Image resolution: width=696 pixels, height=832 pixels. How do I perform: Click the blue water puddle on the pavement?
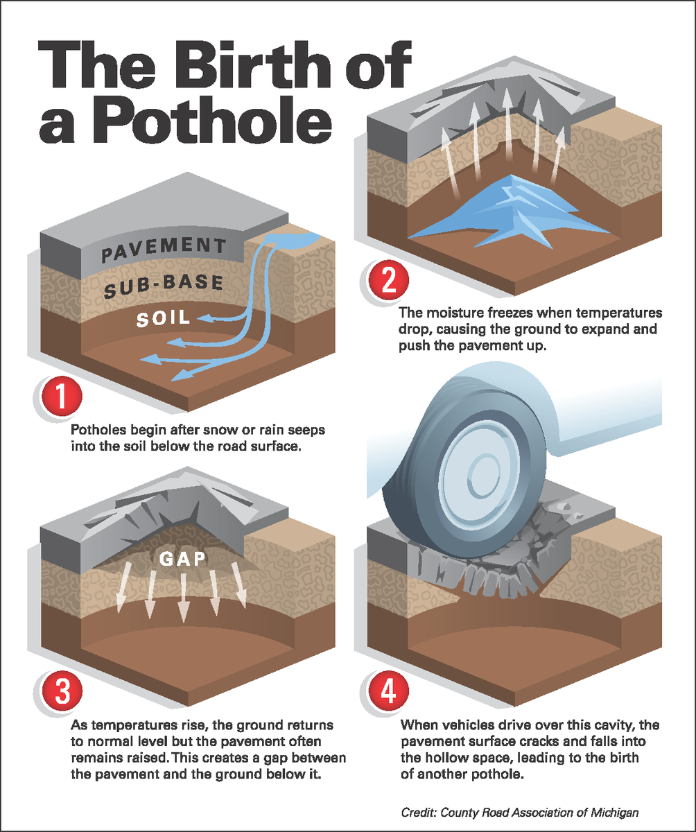[x=292, y=240]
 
